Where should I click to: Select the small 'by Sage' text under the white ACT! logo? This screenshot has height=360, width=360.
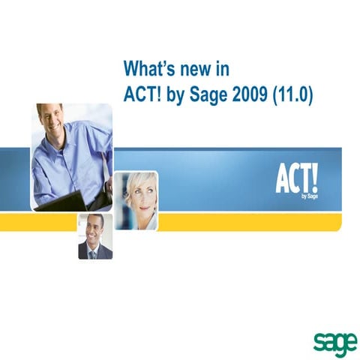(309, 196)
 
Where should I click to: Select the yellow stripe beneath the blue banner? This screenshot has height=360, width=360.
(247, 222)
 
